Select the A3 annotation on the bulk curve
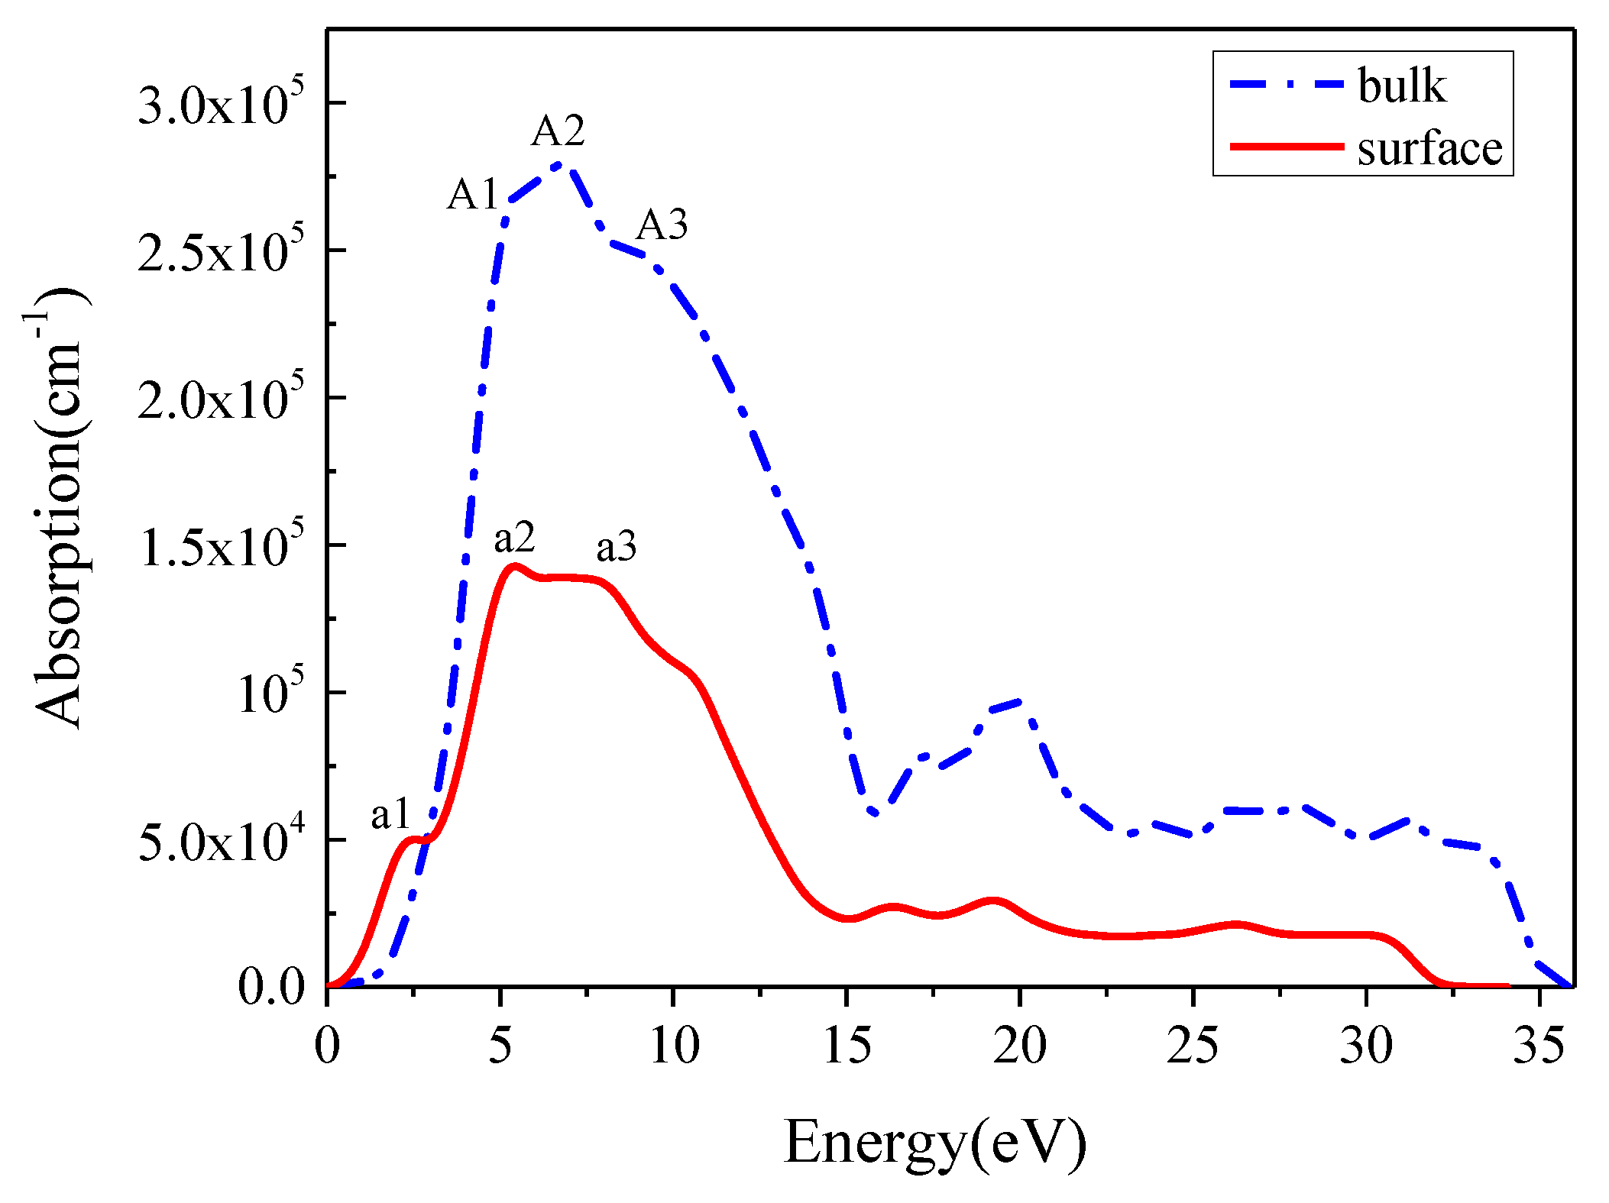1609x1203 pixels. [662, 225]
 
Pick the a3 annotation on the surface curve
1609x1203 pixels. [616, 547]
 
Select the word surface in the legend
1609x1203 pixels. [1429, 148]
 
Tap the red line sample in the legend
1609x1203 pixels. [1287, 146]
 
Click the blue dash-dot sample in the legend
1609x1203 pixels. [1287, 84]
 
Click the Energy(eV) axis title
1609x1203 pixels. [934, 1141]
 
